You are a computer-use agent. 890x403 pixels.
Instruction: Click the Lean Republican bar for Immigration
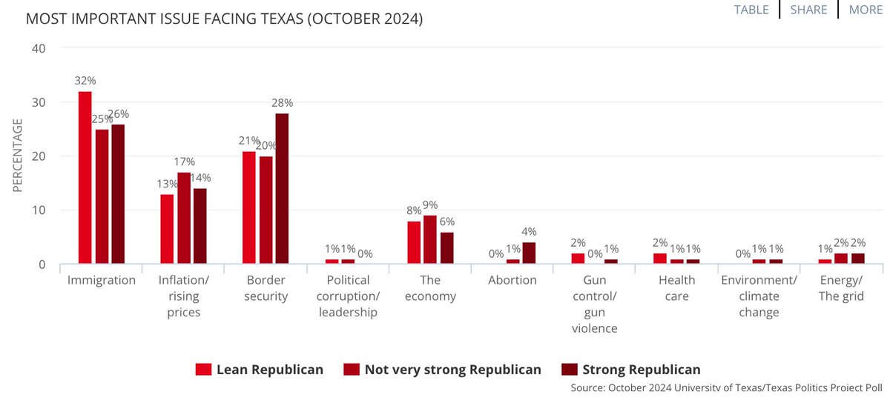(x=85, y=178)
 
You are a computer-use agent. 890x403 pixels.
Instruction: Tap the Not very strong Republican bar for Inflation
(x=184, y=219)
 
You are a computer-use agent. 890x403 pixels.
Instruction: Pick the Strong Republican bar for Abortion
(x=528, y=253)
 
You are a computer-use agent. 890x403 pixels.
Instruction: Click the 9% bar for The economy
(x=430, y=240)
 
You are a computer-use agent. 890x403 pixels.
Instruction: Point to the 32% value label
(x=84, y=80)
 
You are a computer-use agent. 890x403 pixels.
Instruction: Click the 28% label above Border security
(x=283, y=102)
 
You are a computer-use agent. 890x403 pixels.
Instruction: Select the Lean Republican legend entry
(x=260, y=369)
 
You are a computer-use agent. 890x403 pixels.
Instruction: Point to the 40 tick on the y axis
(x=39, y=48)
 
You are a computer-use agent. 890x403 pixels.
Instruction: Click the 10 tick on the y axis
(x=39, y=210)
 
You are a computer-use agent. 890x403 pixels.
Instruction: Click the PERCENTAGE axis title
(x=18, y=156)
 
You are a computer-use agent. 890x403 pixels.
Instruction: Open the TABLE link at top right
(x=751, y=10)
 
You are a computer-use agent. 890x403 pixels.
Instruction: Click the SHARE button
(x=808, y=10)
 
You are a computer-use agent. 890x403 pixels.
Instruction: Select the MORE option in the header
(x=866, y=10)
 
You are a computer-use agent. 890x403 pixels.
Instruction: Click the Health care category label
(x=676, y=288)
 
